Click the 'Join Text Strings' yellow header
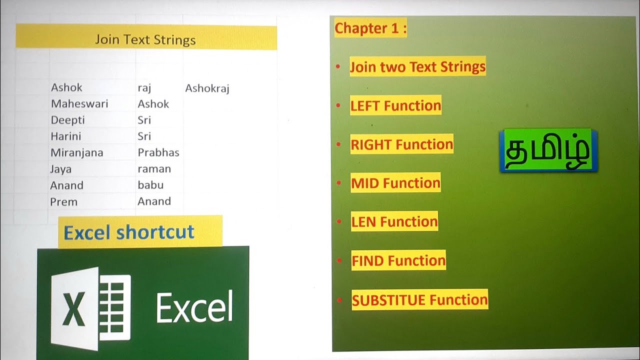tap(145, 39)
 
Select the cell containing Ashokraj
tap(207, 88)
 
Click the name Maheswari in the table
tap(79, 104)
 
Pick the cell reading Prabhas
tap(158, 152)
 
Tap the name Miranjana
tap(76, 152)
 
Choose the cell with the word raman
tap(154, 169)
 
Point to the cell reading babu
tap(150, 185)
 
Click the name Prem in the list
tap(63, 202)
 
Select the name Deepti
tap(68, 120)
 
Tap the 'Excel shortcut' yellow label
tap(129, 232)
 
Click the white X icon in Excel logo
tap(74, 308)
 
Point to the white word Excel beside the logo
tap(194, 307)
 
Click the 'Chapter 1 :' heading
tap(370, 28)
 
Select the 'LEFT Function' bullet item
tap(395, 105)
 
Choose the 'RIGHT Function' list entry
tap(401, 144)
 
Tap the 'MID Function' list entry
tap(395, 183)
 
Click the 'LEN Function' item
tap(394, 221)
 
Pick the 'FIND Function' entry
tap(398, 260)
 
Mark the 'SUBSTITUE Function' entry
tap(419, 300)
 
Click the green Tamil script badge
tap(548, 150)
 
